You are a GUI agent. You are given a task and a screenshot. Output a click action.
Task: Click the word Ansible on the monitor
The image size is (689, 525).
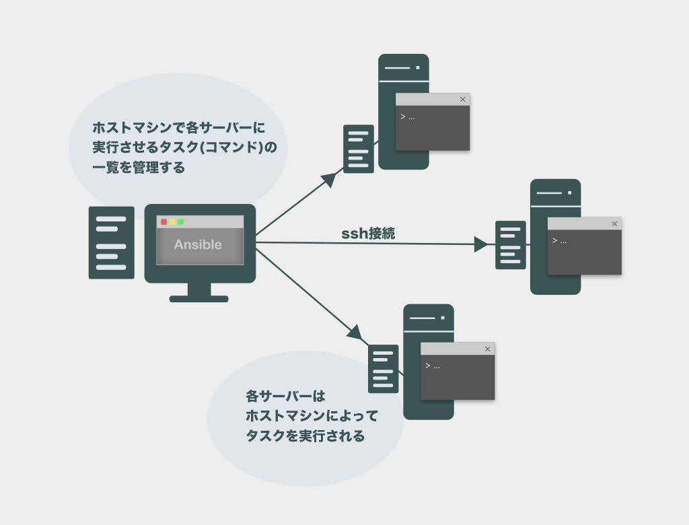click(198, 244)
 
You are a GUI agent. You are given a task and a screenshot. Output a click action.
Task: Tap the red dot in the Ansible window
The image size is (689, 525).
click(164, 221)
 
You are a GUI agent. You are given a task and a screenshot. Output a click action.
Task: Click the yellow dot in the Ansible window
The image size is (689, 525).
click(172, 221)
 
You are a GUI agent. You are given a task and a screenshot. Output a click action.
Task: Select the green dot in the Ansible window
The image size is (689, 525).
click(180, 221)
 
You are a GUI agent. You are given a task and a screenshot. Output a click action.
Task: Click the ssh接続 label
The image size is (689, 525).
click(368, 234)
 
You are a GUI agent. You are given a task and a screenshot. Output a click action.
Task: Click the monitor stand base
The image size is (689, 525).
click(198, 298)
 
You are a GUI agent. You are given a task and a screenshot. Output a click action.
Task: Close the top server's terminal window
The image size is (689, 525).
click(462, 100)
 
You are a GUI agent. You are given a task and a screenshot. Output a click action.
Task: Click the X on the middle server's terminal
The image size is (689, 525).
click(614, 224)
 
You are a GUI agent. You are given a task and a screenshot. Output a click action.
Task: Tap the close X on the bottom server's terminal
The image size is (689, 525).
click(487, 349)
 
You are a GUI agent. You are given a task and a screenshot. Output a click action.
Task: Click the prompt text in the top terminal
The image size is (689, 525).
click(407, 116)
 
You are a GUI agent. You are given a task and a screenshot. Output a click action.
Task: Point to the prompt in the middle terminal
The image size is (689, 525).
click(559, 240)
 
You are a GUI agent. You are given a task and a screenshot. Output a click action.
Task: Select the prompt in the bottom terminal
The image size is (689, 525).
click(432, 365)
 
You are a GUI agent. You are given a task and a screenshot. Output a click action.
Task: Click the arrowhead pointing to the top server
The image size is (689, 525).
click(329, 179)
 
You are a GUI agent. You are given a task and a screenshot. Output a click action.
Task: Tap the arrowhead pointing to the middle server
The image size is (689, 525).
click(481, 244)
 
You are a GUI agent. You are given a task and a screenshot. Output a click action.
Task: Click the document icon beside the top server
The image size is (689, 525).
click(359, 149)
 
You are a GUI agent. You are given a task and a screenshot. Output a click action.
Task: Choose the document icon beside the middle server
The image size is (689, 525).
click(511, 245)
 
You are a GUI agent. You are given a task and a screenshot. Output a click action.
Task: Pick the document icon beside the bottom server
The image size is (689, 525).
click(383, 369)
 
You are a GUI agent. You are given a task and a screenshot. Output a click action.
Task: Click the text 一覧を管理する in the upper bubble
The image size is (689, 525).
click(139, 168)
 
